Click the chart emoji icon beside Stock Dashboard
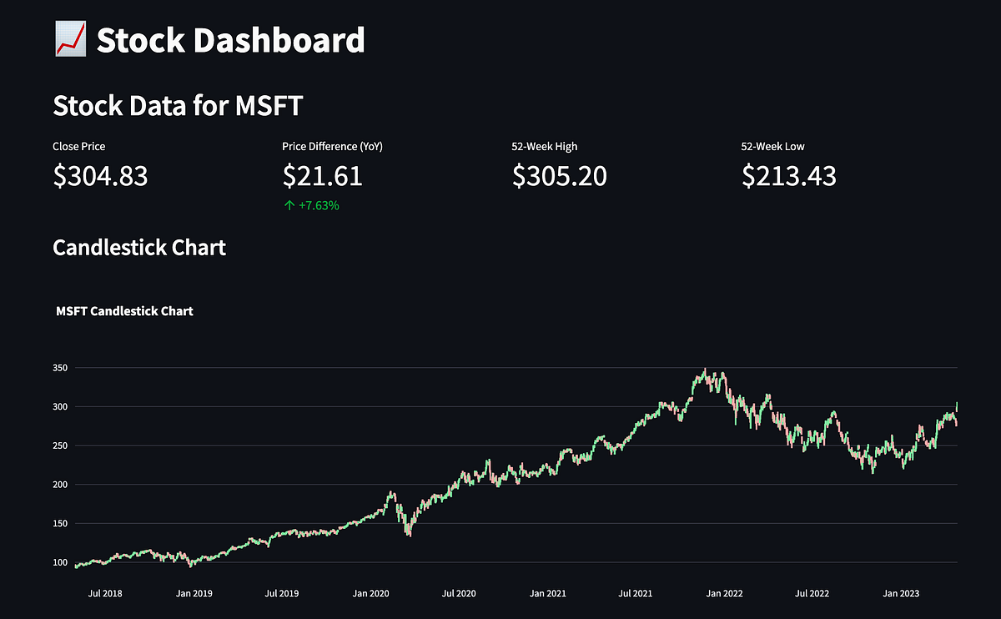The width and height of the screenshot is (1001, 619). (70, 40)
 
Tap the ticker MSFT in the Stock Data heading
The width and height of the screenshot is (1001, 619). (269, 106)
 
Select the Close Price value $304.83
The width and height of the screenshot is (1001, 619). (100, 176)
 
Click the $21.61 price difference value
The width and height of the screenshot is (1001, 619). (322, 176)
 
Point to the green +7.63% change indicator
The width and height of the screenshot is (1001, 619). (312, 205)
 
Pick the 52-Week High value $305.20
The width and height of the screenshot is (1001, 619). (559, 176)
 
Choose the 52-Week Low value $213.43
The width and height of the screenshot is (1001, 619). (788, 176)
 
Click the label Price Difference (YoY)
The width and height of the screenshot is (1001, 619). (332, 147)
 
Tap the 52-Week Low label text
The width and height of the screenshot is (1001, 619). (772, 147)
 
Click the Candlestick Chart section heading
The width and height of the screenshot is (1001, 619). (139, 248)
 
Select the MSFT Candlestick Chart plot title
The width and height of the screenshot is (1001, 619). (124, 311)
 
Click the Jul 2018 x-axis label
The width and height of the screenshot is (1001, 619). (106, 593)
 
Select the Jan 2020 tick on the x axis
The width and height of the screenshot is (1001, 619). (370, 593)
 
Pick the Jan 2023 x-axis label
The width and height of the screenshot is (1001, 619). (901, 593)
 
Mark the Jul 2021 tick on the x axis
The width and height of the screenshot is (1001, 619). (636, 593)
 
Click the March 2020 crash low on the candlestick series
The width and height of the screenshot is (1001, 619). (409, 534)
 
